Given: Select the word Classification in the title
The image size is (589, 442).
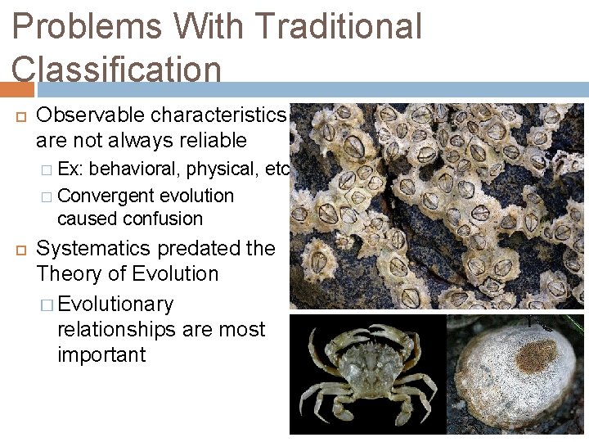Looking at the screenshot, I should pos(116,69).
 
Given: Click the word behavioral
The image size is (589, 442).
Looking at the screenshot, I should pos(137,169).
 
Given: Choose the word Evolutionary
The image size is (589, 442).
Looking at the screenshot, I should pos(116,304).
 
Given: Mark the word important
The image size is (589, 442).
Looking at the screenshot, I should pos(101,355).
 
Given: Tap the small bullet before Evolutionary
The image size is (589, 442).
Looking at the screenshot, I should pos(47,305).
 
